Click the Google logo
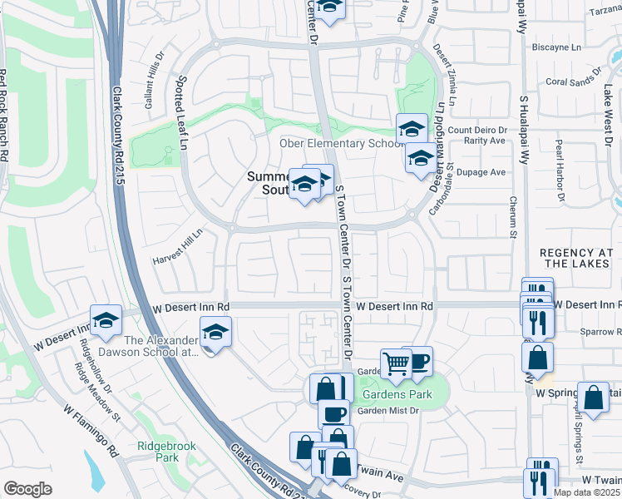click(27, 488)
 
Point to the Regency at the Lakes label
click(579, 258)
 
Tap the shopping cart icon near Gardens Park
click(396, 363)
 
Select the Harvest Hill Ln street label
click(177, 247)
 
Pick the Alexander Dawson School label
click(160, 346)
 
